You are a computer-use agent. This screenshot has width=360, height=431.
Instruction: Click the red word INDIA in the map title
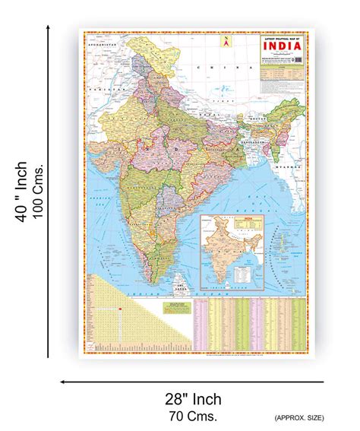(283, 44)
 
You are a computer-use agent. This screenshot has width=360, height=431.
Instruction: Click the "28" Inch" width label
(194, 399)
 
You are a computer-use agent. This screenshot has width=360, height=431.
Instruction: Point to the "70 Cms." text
(194, 416)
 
